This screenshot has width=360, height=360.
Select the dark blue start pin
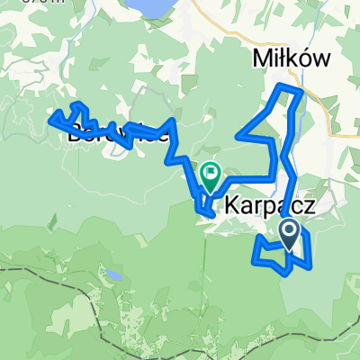[x=290, y=233]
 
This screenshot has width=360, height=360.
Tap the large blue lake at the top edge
[x=149, y=8]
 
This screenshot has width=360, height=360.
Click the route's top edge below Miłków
[x=288, y=85]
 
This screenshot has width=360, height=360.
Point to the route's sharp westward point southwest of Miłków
[x=238, y=137]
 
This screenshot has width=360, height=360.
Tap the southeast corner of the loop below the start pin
[x=310, y=266]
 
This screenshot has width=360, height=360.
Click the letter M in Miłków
[x=254, y=59]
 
